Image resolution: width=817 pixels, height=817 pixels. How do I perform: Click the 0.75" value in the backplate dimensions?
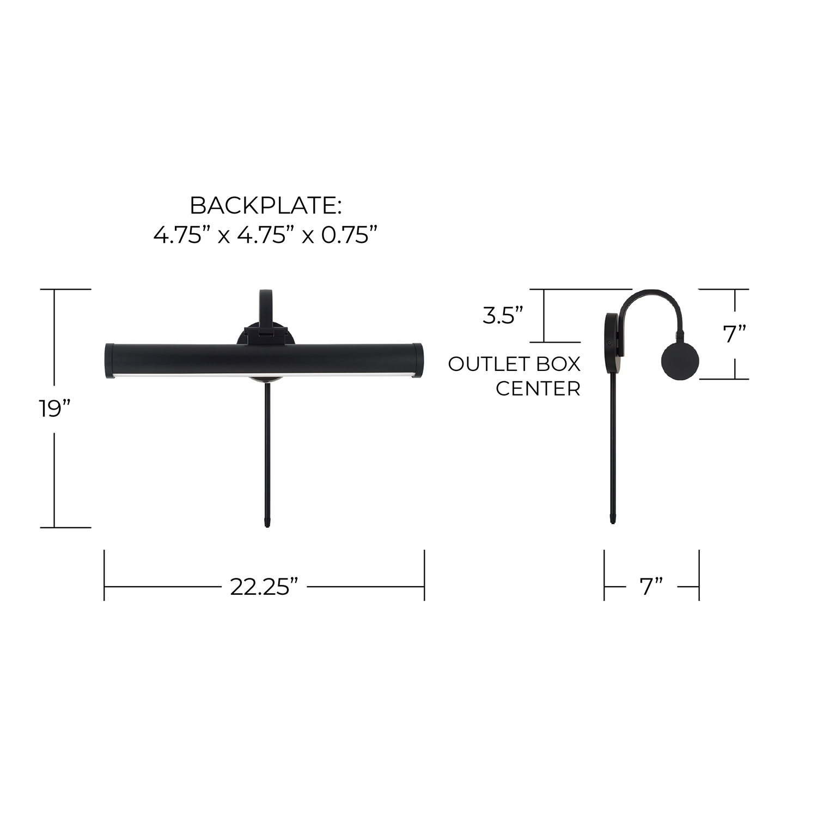click(x=349, y=235)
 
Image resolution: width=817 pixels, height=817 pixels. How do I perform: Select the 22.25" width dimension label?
click(x=264, y=587)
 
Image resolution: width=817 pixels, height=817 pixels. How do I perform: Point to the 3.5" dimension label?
click(x=503, y=315)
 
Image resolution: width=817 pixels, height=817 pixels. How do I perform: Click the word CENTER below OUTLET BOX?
click(x=538, y=389)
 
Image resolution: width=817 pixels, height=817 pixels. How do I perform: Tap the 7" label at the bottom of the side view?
click(x=651, y=587)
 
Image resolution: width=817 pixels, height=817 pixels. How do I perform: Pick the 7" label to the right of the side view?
click(x=735, y=334)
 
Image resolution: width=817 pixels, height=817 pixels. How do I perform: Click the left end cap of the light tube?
click(x=109, y=361)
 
